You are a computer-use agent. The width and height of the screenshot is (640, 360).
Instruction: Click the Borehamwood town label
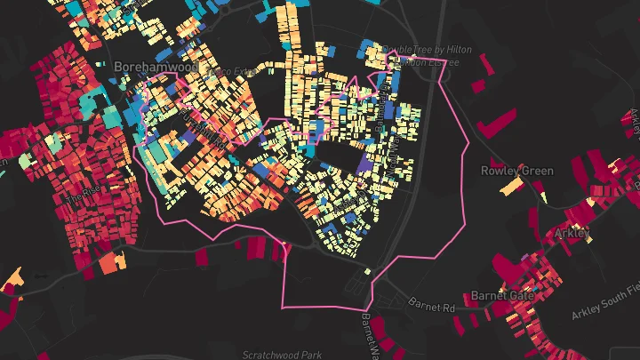point(149,66)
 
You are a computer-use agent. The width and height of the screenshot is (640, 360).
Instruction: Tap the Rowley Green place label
point(516,171)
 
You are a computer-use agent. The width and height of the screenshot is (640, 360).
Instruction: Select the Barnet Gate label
point(501,295)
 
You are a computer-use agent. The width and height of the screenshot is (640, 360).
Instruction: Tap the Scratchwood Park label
point(282,354)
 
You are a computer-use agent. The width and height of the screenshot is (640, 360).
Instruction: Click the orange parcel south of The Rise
point(111,263)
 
